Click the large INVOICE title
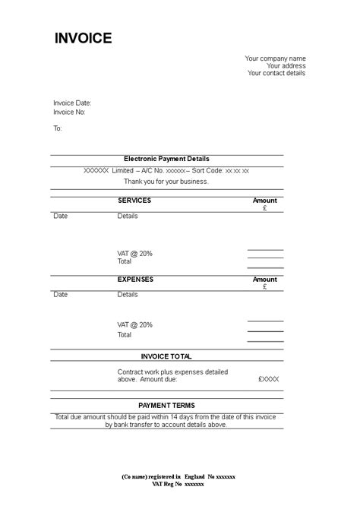tap(83, 39)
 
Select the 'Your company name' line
tap(275, 58)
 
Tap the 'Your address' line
tap(286, 66)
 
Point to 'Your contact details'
tap(276, 74)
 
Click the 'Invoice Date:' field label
tap(72, 103)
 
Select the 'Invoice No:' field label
tap(69, 112)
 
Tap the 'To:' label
tap(58, 128)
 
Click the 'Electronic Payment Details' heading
tap(166, 159)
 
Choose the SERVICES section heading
tap(134, 201)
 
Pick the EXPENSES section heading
tap(135, 280)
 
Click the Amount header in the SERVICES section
tap(264, 201)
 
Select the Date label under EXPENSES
tap(61, 295)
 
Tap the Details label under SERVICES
tap(128, 216)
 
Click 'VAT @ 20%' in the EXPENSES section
tap(134, 324)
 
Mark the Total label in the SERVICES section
tap(124, 261)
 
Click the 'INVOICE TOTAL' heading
tap(166, 356)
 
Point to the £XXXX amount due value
tap(268, 378)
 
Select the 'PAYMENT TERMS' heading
tap(166, 406)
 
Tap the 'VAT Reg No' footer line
tap(178, 484)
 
